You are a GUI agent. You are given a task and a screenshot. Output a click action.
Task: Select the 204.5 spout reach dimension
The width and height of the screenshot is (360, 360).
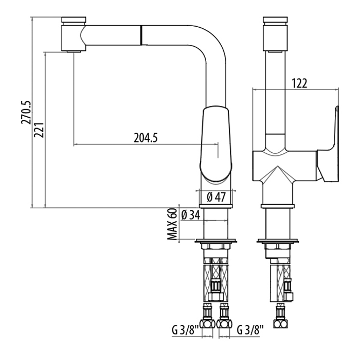click(146, 137)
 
